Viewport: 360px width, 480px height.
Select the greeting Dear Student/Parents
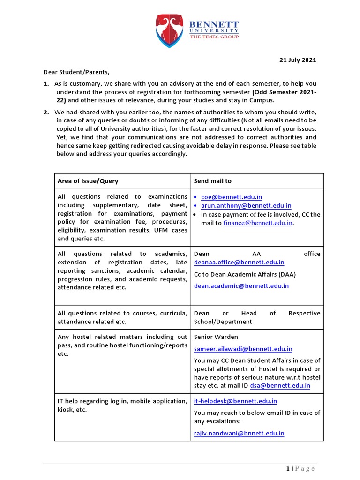[x=76, y=72]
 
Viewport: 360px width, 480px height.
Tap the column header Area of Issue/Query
[x=88, y=181]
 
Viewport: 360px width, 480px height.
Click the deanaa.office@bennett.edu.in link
[x=239, y=262]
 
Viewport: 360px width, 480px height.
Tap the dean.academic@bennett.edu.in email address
[x=241, y=285]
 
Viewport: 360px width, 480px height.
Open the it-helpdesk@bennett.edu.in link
[x=235, y=401]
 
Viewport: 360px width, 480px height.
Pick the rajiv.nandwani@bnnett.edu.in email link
[x=239, y=434]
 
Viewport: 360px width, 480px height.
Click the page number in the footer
[x=286, y=469]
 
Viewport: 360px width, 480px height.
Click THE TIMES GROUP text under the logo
[x=214, y=37]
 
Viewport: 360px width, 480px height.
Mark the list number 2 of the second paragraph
[x=46, y=112]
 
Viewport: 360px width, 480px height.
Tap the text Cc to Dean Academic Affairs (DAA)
[x=245, y=274]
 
